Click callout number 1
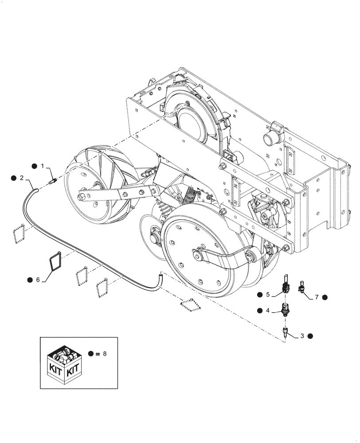(x=43, y=166)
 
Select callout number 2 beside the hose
(x=21, y=178)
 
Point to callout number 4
(x=268, y=311)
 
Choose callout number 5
(x=268, y=294)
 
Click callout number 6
(x=38, y=280)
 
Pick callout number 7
(x=317, y=297)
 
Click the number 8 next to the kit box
(x=105, y=354)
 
